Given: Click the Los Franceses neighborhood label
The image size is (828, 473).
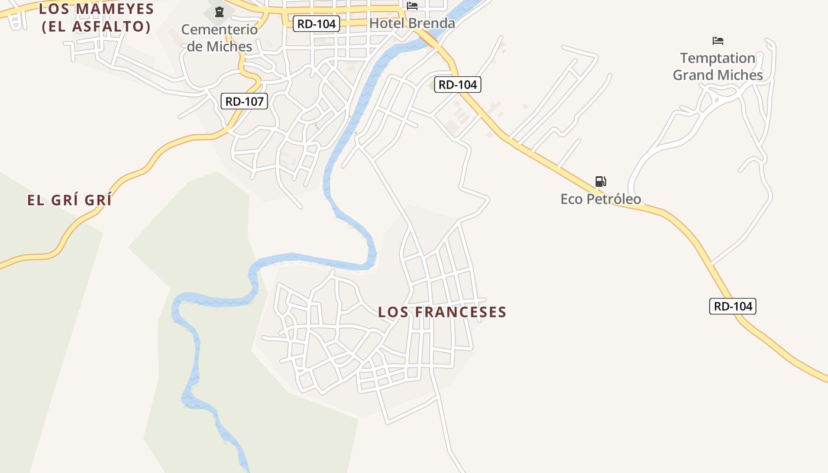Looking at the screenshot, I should (x=442, y=312).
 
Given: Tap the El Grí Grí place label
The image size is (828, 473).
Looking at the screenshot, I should (x=69, y=200).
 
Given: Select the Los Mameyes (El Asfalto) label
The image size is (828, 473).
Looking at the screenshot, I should (x=96, y=18).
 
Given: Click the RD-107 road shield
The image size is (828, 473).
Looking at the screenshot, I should (x=245, y=101).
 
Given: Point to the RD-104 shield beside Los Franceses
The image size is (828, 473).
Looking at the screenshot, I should (x=733, y=306).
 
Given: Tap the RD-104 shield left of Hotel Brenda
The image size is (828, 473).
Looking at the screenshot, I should (x=316, y=24).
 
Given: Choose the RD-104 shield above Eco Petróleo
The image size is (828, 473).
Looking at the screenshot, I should (x=458, y=85).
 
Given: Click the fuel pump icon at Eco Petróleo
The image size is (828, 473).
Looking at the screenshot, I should (x=600, y=182).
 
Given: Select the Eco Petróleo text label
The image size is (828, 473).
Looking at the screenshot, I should (x=601, y=199).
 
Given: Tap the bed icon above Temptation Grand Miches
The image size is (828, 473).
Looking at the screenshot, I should (x=718, y=41).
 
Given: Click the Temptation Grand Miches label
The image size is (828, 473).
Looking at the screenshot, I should (x=718, y=66).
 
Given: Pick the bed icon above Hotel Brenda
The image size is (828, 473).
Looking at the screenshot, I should (x=412, y=6).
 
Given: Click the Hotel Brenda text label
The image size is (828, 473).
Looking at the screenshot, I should (x=412, y=23).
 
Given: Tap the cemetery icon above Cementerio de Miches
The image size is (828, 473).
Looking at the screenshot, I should (x=219, y=12).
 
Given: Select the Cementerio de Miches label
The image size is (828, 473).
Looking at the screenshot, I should (x=219, y=38).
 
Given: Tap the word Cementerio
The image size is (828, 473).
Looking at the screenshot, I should (x=219, y=30).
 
